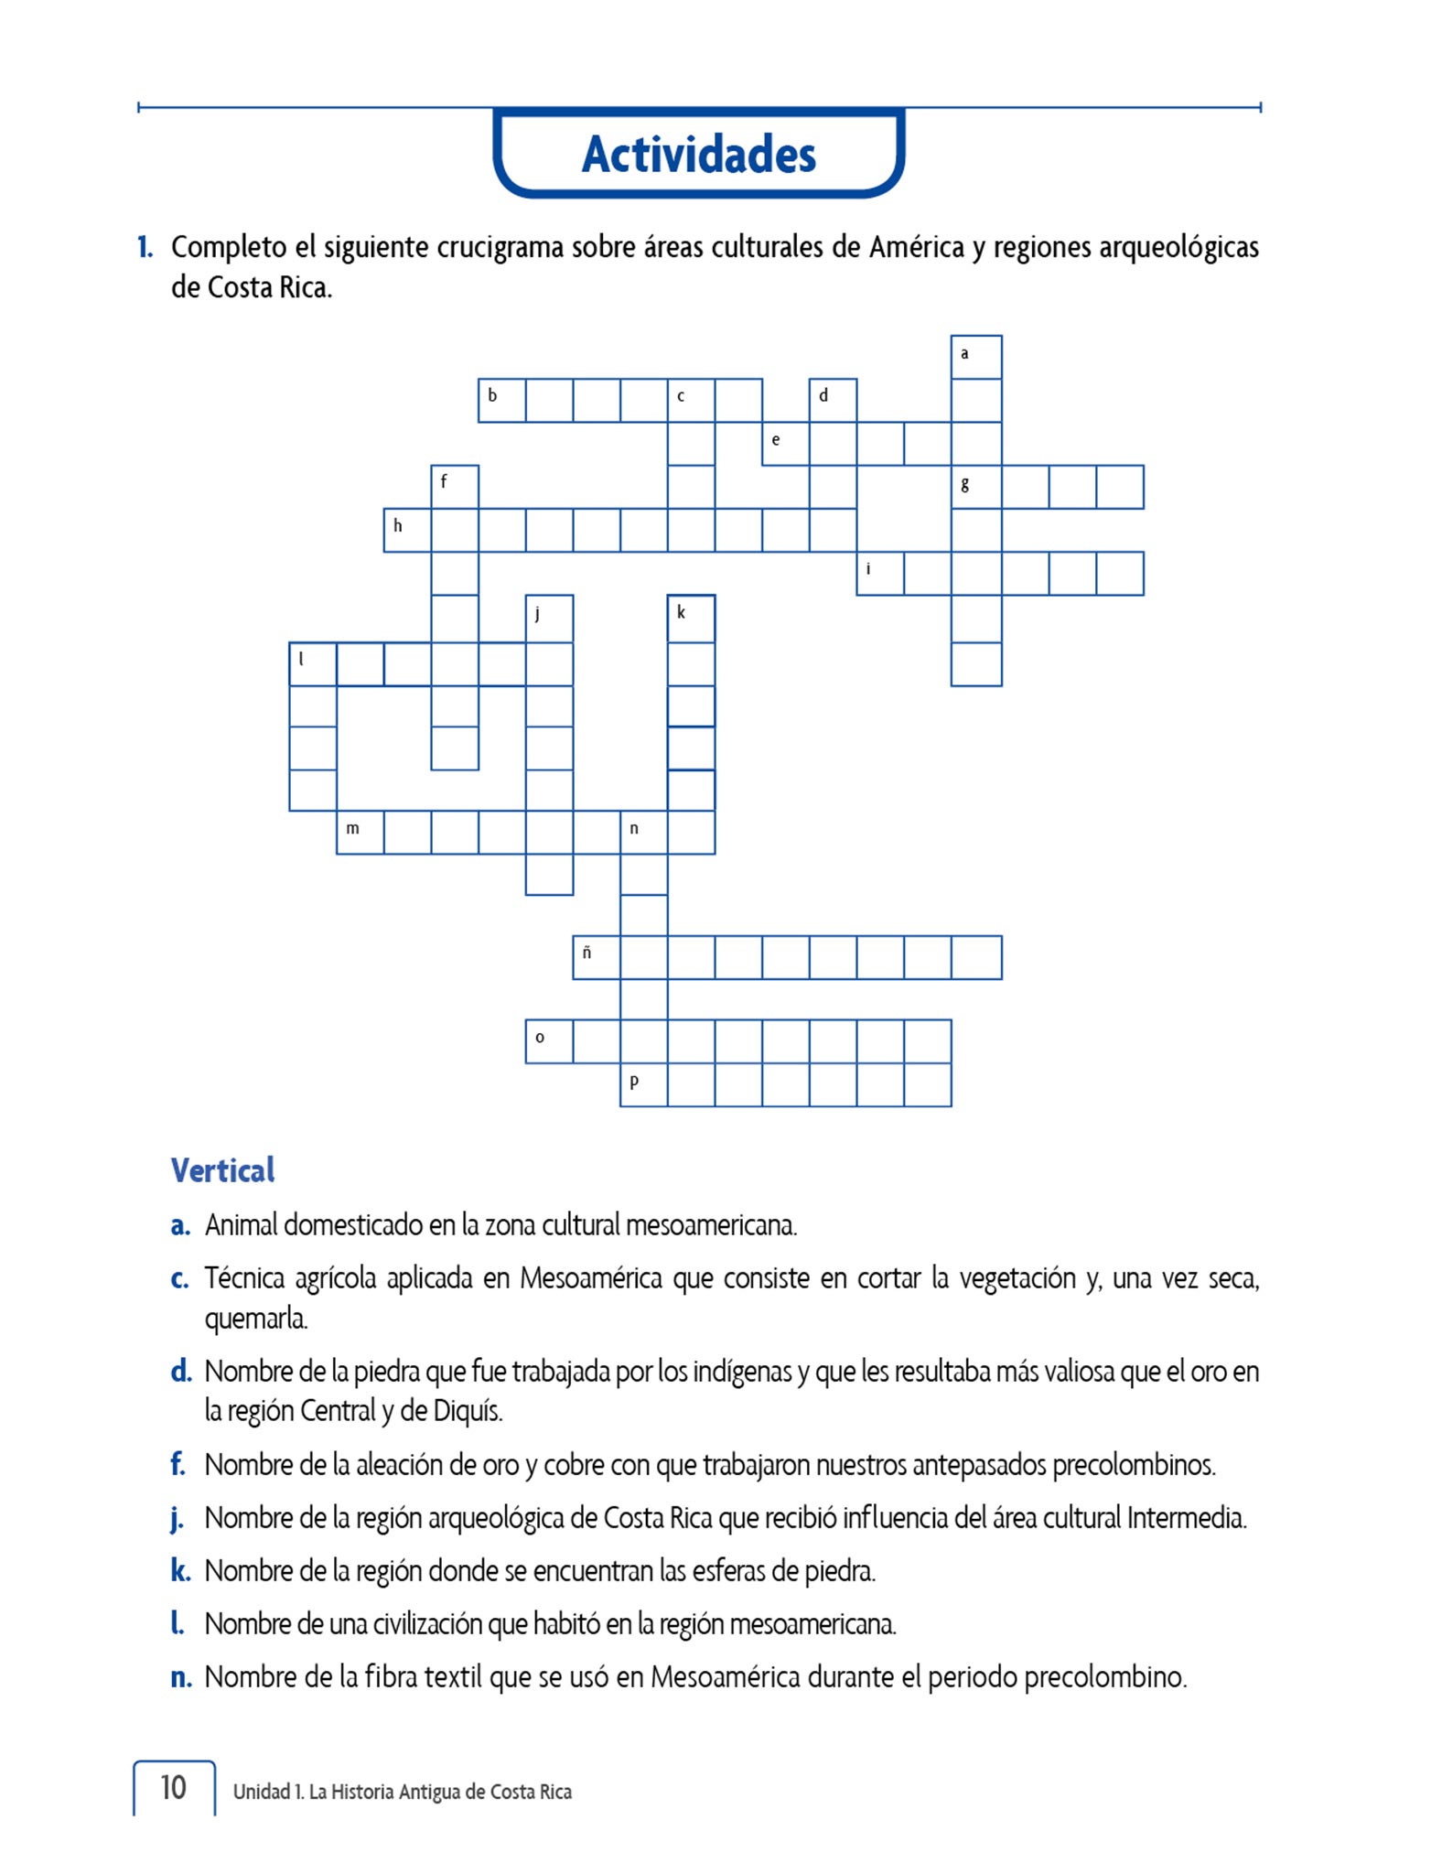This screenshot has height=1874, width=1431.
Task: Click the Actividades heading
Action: click(x=698, y=154)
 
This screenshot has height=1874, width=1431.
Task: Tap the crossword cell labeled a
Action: click(x=975, y=357)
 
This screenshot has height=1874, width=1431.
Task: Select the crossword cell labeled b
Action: click(x=501, y=400)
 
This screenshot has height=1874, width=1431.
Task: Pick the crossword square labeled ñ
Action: click(x=597, y=957)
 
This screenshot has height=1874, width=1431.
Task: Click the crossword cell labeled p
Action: click(x=643, y=1084)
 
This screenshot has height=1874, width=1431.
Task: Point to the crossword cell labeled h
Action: click(x=407, y=530)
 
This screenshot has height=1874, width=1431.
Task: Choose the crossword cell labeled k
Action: click(x=691, y=619)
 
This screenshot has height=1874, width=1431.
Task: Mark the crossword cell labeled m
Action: click(x=360, y=833)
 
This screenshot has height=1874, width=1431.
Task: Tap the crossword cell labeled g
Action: click(x=975, y=487)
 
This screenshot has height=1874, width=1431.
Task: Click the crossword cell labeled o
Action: click(x=549, y=1041)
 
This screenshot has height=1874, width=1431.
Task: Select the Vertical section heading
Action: click(x=222, y=1170)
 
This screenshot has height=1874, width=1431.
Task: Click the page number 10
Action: click(x=173, y=1787)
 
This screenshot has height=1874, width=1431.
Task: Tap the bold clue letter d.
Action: click(x=180, y=1372)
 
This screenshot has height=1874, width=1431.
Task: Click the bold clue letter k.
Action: click(x=180, y=1571)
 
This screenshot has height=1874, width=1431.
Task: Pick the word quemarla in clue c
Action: click(x=256, y=1319)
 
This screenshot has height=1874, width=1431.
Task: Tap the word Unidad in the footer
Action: click(x=261, y=1792)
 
